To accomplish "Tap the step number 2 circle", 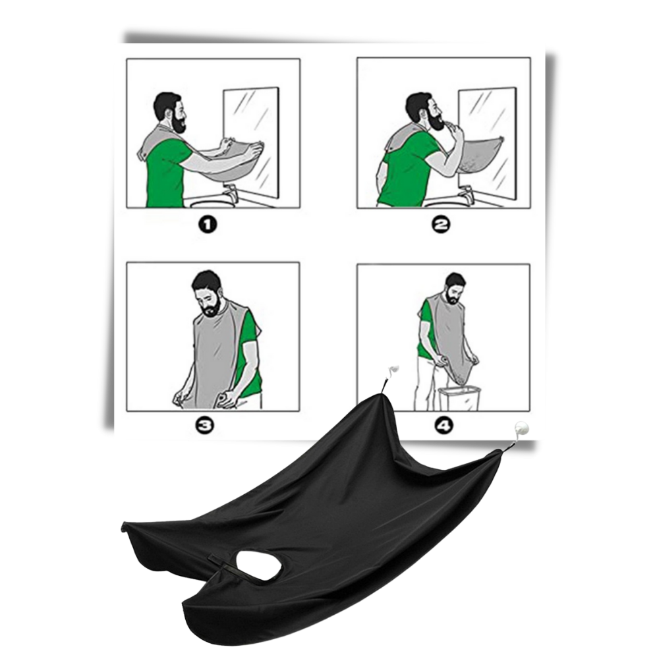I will pyautogui.click(x=441, y=226).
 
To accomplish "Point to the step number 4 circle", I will pyautogui.click(x=441, y=426).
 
